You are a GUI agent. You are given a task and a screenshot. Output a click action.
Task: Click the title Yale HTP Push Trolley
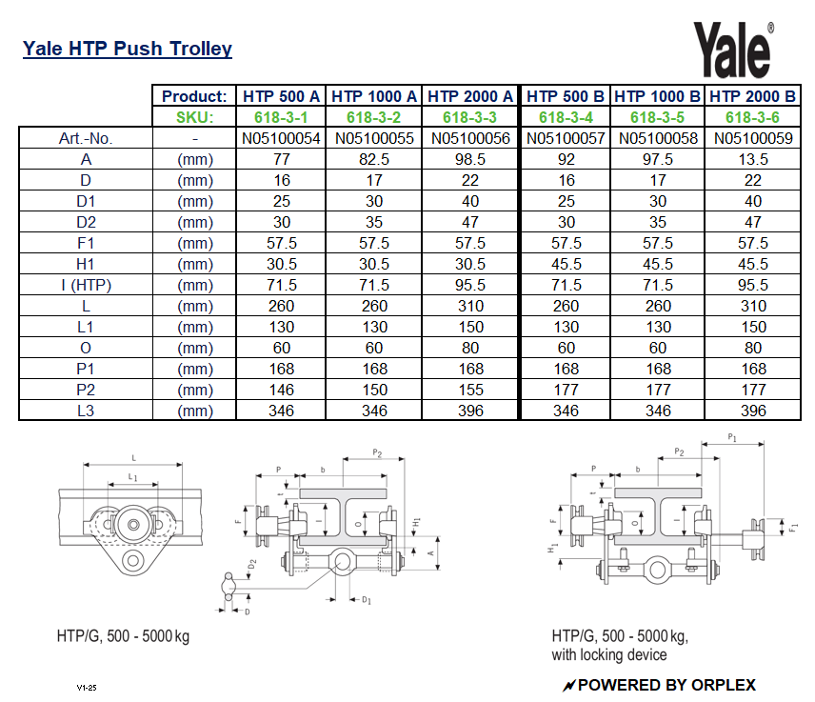pos(127,49)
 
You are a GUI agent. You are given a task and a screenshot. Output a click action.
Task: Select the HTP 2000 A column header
pos(470,96)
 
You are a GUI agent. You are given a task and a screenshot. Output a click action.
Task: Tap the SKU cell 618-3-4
pos(566,117)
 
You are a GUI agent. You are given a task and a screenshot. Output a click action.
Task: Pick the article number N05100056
pos(470,138)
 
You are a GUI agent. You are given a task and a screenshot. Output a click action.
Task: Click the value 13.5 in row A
pos(753,159)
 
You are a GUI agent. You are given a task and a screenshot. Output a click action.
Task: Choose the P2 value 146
pos(282,390)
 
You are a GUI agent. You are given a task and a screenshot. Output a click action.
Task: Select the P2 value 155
pos(470,390)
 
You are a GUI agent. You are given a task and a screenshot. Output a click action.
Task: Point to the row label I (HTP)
pos(86,285)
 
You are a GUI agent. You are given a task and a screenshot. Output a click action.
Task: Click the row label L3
pos(86,411)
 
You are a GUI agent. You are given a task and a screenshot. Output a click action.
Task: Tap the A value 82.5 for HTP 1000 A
pos(374,159)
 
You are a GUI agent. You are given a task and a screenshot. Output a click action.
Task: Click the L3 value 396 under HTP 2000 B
pos(753,411)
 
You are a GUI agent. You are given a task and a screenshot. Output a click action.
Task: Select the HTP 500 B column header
pos(566,96)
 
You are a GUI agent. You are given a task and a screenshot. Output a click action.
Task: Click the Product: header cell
pos(194,96)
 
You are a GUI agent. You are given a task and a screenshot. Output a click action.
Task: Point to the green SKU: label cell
pos(194,117)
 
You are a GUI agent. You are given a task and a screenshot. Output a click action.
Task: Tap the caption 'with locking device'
pos(609,655)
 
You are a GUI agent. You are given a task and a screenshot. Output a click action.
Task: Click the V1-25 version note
pos(88,687)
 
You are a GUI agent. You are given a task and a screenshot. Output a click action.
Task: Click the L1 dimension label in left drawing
pos(133,476)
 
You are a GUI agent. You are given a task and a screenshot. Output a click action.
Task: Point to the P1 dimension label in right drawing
pos(732,436)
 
